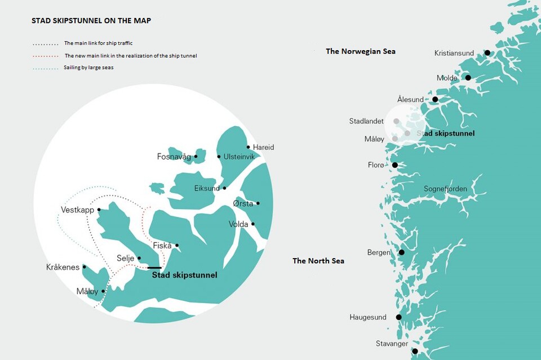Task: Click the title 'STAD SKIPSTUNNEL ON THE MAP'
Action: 91,21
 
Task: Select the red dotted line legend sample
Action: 46,56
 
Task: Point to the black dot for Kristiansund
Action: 487,53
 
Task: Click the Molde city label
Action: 447,78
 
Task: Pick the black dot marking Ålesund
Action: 435,100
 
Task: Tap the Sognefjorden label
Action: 445,189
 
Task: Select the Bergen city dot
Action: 402,252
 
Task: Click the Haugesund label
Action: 368,317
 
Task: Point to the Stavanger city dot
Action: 415,351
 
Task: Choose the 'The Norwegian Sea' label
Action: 361,51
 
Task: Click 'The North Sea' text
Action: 318,261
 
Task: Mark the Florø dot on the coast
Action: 395,165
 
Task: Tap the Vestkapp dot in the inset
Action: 99,210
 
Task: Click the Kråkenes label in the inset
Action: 63,267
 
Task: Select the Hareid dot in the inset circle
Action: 249,147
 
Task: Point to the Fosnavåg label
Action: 174,157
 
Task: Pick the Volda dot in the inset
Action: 253,224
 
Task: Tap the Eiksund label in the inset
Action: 207,188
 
